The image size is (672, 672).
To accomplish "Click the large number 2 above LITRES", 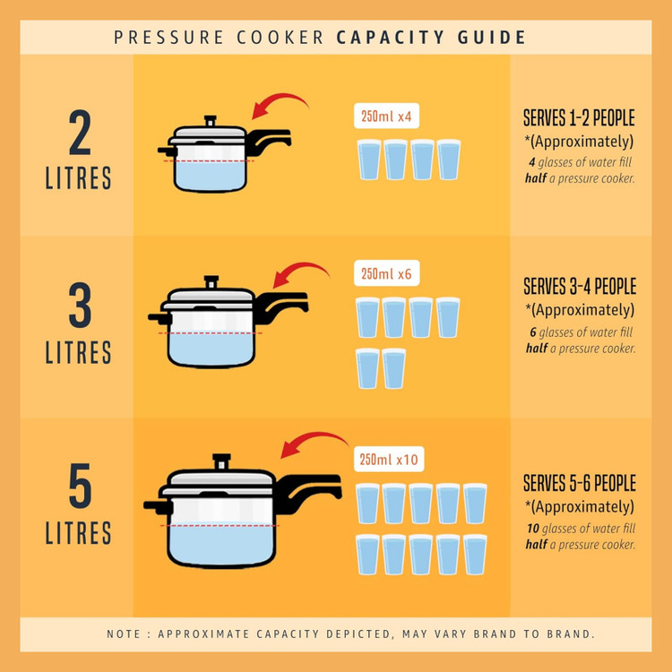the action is coord(80,132).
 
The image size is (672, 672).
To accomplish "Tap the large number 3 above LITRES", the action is coord(80,305).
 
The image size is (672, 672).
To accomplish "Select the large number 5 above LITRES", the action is coord(80,486).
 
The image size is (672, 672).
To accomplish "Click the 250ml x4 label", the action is coord(386,116).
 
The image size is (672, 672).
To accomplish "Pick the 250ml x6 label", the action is coord(386,273).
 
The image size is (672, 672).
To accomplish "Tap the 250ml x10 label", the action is coord(389,460).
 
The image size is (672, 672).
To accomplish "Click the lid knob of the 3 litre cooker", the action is coord(211,282).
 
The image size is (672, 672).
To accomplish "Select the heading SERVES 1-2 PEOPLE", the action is coord(579,118).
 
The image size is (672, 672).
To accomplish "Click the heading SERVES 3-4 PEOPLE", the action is coord(580,287).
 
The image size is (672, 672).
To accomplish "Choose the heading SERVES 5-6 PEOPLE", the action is coord(580,483).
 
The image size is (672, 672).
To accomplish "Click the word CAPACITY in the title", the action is coord(390,38).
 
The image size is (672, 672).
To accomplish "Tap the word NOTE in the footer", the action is coord(124,633).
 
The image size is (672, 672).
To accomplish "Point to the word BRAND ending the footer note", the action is coord(571,633).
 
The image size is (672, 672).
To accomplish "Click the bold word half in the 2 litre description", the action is coord(536,178).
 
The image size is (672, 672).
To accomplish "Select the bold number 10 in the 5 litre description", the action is coord(533,529).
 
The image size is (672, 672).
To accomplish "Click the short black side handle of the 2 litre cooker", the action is coord(168,151).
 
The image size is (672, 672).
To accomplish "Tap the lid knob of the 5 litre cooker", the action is coord(221,461).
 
